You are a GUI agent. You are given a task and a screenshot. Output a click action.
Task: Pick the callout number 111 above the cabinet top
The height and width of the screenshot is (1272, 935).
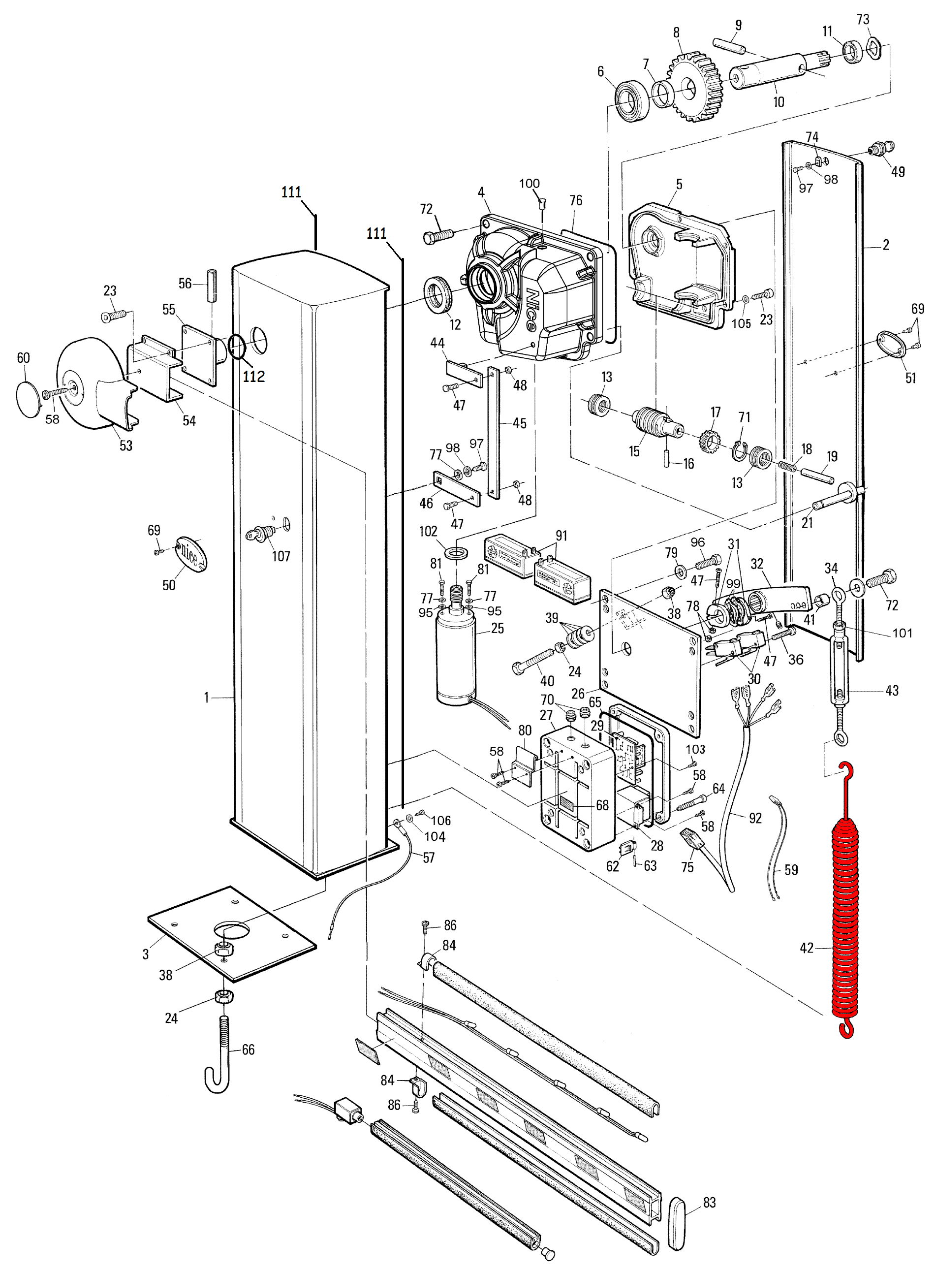coord(291,192)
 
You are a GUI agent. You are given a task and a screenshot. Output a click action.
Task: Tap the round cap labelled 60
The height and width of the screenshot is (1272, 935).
coord(30,399)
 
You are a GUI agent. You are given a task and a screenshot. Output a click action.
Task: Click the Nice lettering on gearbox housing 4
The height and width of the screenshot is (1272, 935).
coord(532,310)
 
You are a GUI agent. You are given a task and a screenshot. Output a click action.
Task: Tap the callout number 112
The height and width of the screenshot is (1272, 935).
coord(253,377)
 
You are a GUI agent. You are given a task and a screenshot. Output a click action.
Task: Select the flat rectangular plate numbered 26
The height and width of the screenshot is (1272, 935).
coord(650,663)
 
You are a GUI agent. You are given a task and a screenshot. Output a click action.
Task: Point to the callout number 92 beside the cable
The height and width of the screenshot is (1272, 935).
coord(755,818)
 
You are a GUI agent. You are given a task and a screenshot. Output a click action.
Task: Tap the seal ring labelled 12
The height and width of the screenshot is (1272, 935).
coord(438,294)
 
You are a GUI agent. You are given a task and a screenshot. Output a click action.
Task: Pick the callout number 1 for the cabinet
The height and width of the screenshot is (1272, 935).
coord(206,698)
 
